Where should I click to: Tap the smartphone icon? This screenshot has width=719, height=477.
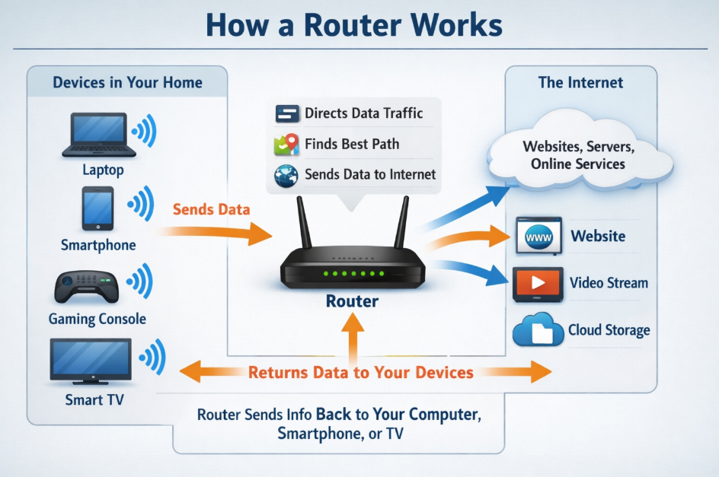pyautogui.click(x=98, y=208)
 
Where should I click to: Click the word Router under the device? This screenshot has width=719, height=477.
pyautogui.click(x=352, y=301)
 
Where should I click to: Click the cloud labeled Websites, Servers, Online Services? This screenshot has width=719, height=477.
pyautogui.click(x=579, y=154)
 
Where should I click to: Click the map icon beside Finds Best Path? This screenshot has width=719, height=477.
pyautogui.click(x=286, y=144)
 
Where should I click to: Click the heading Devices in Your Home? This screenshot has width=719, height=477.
pyautogui.click(x=127, y=83)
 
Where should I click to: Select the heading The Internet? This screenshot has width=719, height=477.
pyautogui.click(x=580, y=82)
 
